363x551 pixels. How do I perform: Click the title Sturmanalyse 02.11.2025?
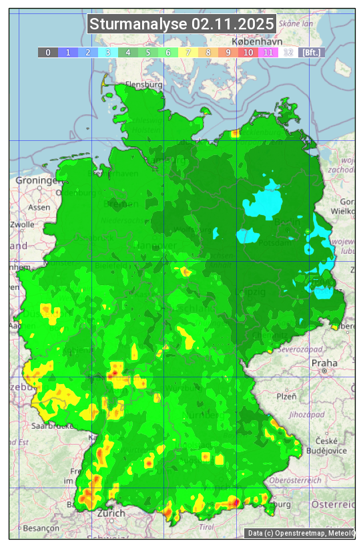181,24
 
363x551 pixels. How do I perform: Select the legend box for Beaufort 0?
47,52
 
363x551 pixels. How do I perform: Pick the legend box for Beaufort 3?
107,52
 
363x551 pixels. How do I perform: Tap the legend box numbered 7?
188,52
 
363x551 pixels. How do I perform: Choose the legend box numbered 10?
248,52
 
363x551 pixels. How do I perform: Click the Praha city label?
324,363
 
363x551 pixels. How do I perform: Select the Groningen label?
35,181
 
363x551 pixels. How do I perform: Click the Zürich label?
111,513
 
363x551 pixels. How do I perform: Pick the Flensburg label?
144,85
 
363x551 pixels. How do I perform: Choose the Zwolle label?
22,224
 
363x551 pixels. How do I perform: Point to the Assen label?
39,207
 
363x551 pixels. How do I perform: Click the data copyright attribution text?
300,533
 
